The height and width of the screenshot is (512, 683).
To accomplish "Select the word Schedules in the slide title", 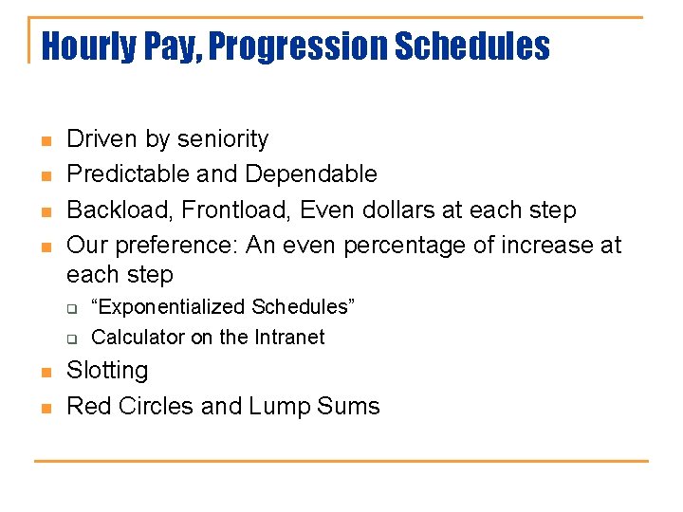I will click(471, 46).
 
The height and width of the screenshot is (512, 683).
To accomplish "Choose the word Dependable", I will click(311, 174).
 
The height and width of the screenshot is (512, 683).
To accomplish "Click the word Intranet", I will click(287, 338).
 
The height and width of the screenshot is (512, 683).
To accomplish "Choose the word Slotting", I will click(107, 371).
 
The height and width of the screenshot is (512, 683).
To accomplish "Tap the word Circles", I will click(157, 407).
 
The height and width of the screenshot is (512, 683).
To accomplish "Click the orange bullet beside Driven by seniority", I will click(44, 141).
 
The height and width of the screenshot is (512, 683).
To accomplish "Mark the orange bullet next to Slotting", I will click(44, 373).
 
